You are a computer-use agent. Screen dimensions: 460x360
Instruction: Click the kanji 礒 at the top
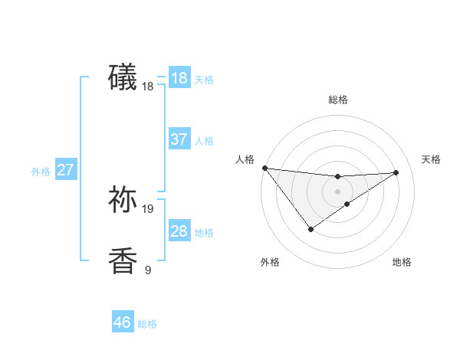pos(123,77)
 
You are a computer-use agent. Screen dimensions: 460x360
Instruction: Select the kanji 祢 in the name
pos(123,198)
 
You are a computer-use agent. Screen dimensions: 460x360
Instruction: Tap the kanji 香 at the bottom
pos(123,260)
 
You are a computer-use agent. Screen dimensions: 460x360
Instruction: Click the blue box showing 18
pos(179,78)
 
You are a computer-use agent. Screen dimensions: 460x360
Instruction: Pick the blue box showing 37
pos(179,139)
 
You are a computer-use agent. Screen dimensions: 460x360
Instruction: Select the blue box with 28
pos(179,231)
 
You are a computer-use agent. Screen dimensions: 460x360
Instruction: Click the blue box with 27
pos(65,170)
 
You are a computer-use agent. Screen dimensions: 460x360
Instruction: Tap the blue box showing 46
pos(122,322)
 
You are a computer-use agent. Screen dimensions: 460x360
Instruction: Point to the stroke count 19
pos(148,208)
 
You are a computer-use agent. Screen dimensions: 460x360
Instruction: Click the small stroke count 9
pos(148,270)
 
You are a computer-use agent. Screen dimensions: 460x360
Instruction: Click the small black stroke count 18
pos(148,87)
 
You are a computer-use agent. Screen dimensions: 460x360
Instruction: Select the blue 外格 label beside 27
pos(41,172)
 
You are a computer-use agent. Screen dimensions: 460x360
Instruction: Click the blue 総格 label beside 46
pos(147,324)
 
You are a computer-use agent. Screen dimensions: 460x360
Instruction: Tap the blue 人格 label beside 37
pos(204,141)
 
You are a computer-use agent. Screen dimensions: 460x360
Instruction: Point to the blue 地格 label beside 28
pos(204,233)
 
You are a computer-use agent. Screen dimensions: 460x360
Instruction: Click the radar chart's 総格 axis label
pos(337,100)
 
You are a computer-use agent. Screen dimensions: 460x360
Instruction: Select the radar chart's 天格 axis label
pos(431,159)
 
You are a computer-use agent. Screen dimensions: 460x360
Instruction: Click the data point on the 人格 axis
pos(264,168)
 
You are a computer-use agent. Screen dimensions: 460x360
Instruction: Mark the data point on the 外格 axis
pos(310,228)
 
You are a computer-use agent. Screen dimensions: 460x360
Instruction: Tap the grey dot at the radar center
pos(337,191)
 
